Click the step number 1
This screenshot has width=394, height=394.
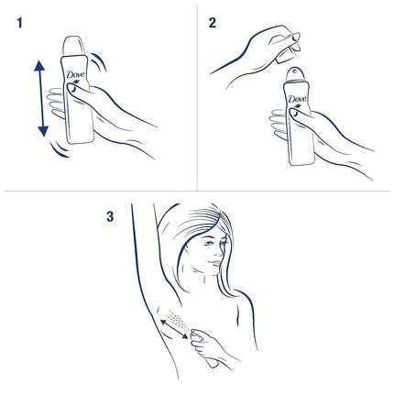click(x=19, y=22)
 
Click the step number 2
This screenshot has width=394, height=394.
click(x=213, y=22)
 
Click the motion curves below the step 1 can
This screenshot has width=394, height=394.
click(x=60, y=149)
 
